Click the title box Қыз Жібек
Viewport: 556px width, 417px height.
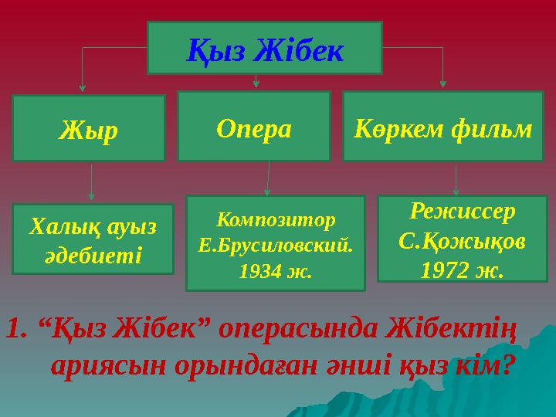point(264,48)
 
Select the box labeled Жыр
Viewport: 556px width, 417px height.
point(89,128)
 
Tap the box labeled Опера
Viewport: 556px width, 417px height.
point(254,127)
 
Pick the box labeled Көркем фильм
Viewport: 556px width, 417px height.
point(442,127)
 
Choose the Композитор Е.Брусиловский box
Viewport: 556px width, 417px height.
point(276,243)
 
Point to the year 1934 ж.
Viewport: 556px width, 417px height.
point(276,271)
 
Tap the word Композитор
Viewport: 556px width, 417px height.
point(276,219)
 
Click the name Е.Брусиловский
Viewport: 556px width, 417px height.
point(276,246)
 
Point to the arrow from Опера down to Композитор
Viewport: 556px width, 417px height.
point(268,178)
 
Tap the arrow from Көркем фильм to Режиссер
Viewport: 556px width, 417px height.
point(457,178)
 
